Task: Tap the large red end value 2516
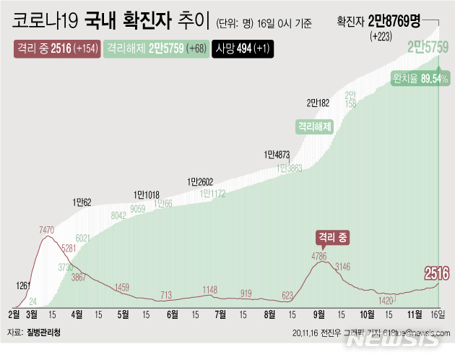click(x=436, y=273)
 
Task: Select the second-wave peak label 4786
click(x=320, y=256)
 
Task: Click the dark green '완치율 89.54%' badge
click(x=420, y=78)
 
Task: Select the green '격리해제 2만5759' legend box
click(x=155, y=49)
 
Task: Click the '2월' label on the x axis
click(x=14, y=314)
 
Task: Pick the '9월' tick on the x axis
click(x=318, y=314)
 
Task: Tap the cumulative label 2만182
click(x=318, y=102)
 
